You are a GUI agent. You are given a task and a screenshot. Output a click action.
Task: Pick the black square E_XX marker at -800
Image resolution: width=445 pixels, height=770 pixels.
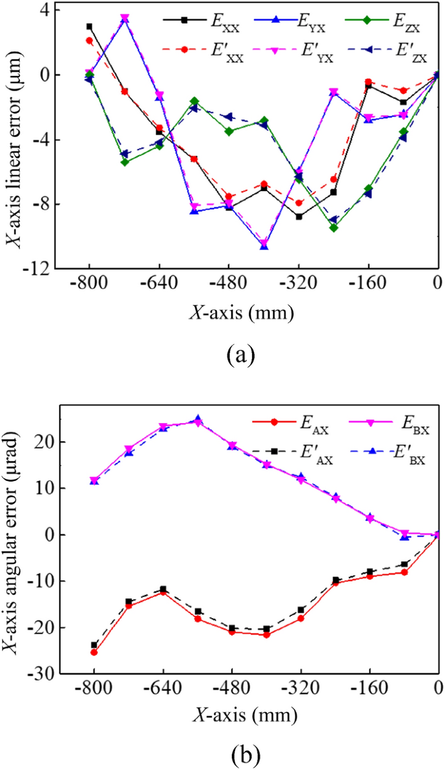[x=89, y=27]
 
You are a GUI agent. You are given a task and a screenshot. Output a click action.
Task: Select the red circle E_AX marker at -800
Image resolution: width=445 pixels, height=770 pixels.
[x=94, y=652]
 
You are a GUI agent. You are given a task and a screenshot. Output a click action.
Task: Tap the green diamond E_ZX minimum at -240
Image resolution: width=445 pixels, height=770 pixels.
[x=334, y=227]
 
